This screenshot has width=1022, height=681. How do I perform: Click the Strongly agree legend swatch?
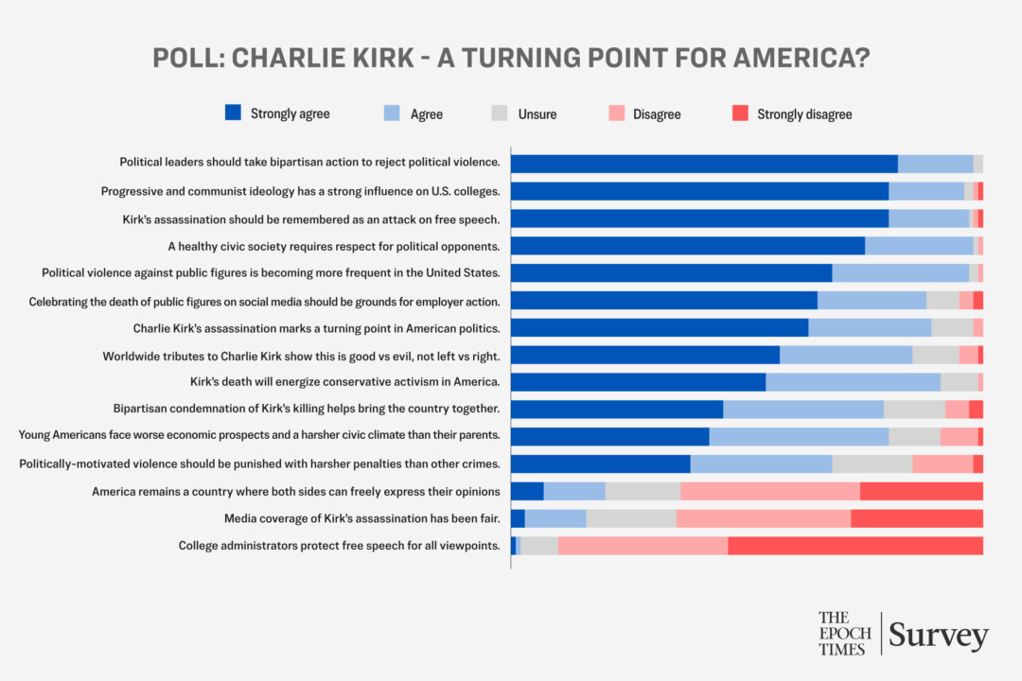click(x=234, y=113)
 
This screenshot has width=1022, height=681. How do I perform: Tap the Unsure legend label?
click(x=537, y=114)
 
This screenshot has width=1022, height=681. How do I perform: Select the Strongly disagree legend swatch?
click(x=741, y=113)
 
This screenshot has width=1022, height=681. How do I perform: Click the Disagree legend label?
click(x=657, y=114)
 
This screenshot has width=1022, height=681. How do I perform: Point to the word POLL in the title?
click(x=186, y=58)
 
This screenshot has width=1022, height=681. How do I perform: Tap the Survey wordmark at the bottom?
click(x=939, y=636)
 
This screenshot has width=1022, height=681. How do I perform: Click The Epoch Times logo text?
click(x=845, y=633)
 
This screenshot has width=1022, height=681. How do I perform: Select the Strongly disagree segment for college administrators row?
click(x=855, y=546)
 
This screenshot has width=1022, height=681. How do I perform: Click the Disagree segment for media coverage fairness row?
click(x=763, y=518)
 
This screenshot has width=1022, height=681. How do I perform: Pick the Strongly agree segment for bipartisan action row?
click(x=704, y=164)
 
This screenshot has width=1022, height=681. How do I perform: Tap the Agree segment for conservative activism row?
click(x=853, y=382)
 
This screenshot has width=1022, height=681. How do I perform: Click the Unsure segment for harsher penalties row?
click(x=872, y=463)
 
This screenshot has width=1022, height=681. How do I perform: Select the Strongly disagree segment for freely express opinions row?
click(x=922, y=491)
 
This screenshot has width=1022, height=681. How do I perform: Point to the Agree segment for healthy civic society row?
click(x=919, y=246)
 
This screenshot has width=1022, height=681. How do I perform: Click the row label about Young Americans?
click(x=259, y=436)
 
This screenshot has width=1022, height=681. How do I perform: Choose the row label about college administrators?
click(x=339, y=546)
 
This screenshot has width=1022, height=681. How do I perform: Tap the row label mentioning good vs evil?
click(x=301, y=355)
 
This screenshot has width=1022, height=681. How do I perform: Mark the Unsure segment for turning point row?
click(x=952, y=327)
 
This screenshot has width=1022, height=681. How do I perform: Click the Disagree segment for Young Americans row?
click(x=959, y=436)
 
